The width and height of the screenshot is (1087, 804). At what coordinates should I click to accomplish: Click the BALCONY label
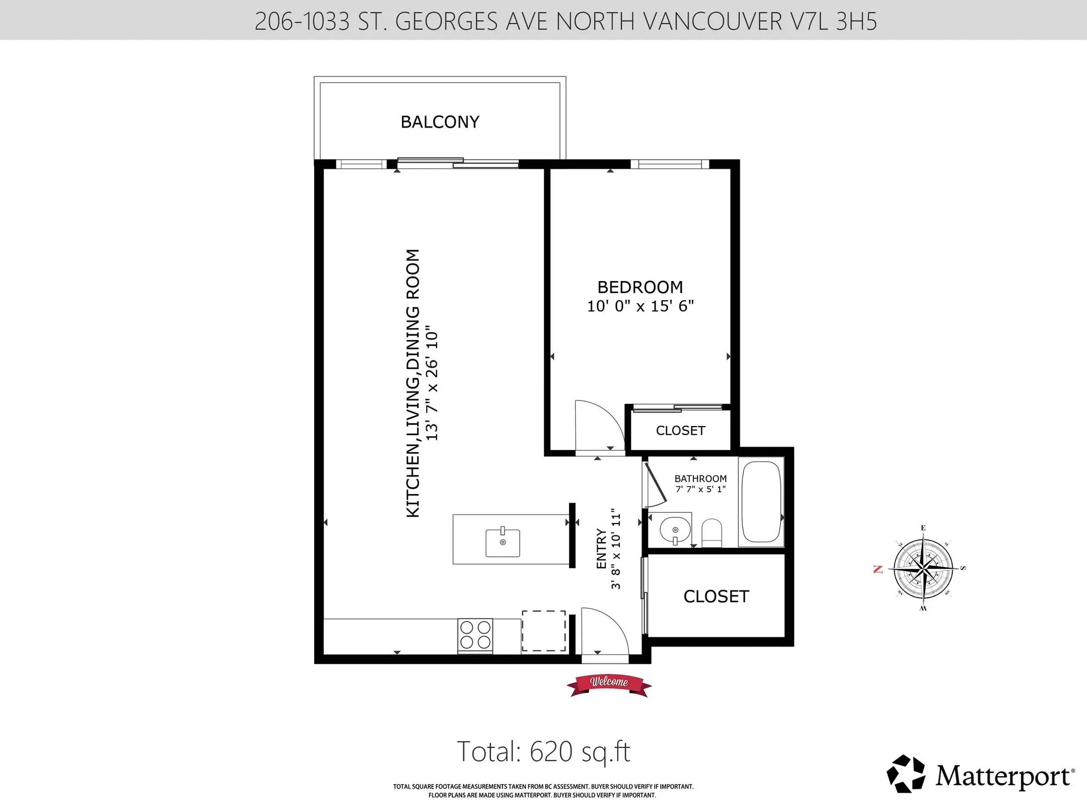coord(440,122)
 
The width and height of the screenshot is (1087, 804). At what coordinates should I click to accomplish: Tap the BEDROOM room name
coord(640,287)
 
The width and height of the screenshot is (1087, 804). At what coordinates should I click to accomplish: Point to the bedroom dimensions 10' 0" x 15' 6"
coord(640,306)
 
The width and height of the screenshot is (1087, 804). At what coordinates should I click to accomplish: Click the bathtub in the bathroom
coord(761,501)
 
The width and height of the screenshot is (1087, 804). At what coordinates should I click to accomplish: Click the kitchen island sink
coord(503,542)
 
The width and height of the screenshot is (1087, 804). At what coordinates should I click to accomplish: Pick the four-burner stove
coord(475,635)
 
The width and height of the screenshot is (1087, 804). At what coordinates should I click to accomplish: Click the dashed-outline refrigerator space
coord(543,631)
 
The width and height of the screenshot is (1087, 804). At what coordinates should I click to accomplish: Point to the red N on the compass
coord(878,569)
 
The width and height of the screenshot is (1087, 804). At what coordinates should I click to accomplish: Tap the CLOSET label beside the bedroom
coord(680,431)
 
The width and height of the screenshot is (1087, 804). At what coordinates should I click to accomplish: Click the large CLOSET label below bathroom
coord(716,596)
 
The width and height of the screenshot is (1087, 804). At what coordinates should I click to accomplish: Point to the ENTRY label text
coord(601,548)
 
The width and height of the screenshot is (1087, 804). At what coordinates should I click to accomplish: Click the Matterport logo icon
coord(906,773)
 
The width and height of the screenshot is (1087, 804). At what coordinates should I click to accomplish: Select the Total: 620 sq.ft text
coord(543,752)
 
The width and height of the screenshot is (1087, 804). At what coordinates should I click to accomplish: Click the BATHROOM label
coord(700,479)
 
